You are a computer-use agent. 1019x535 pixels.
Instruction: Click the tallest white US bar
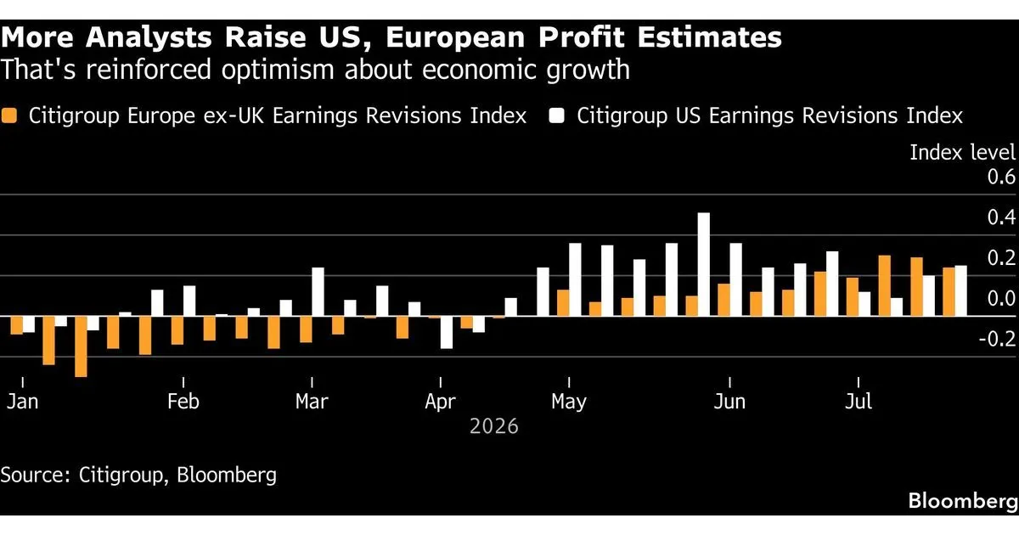coord(703,264)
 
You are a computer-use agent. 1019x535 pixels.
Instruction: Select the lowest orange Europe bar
coord(81,346)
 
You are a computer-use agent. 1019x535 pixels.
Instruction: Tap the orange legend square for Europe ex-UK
coord(9,115)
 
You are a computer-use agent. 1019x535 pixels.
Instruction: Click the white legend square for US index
coord(557,115)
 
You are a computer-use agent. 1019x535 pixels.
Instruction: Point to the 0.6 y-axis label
coord(1001,177)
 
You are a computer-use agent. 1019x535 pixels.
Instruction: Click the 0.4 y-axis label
coord(1001,217)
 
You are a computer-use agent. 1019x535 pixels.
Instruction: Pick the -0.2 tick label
coord(997,339)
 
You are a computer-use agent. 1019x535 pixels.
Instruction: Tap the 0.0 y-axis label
coord(1001,298)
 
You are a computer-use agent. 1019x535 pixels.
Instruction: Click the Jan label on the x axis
coord(22,401)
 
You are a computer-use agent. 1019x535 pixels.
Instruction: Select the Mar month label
coord(312,401)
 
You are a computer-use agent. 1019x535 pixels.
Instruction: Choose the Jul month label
coord(859,401)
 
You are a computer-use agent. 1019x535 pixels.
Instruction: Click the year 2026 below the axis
coord(494,426)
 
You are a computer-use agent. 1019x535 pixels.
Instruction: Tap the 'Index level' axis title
coord(962,152)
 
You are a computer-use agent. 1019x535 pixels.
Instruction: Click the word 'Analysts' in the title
coord(149,37)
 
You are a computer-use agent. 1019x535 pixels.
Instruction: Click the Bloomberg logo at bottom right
coord(963,501)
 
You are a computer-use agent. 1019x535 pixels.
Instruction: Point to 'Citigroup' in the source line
coord(121,475)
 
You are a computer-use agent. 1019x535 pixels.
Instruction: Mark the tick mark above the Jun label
coord(729,382)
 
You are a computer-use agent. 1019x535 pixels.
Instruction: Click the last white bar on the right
coord(960,290)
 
